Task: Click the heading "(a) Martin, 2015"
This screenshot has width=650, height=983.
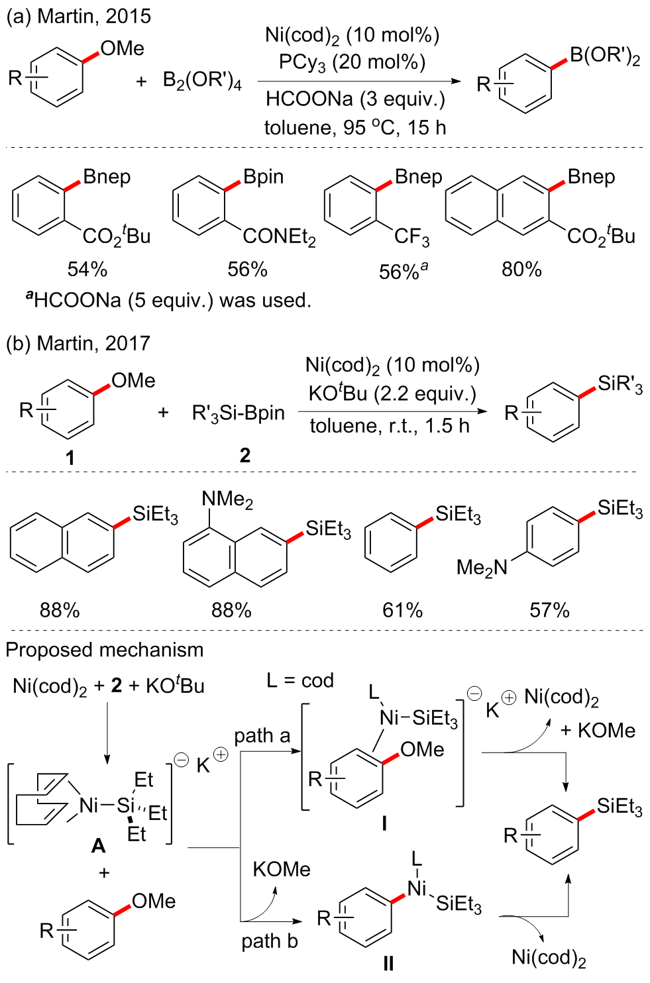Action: pos(78,16)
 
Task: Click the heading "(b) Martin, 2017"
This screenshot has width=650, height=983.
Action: pos(78,343)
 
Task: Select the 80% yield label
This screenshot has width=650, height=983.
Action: pos(521,270)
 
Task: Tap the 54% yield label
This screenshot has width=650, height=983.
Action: pos(87,270)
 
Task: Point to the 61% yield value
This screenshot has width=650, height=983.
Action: pos(402,610)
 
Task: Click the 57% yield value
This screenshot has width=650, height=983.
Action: pos(549,610)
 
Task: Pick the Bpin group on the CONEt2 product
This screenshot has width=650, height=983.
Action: pos(263,177)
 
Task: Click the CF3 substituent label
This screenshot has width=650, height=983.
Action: pos(411,237)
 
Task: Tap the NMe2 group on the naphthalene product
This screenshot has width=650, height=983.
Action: pos(227,499)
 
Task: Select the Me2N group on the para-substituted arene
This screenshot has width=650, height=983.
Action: pos(482,568)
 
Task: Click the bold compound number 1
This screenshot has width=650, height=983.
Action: pos(70,458)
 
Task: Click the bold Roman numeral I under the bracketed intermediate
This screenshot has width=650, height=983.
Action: pos(384,823)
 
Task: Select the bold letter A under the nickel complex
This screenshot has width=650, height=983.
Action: pos(98,846)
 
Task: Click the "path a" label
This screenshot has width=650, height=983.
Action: pos(262,736)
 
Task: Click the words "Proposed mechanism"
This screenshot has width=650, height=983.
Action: pos(105,650)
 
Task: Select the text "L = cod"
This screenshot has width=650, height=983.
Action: pos(299,681)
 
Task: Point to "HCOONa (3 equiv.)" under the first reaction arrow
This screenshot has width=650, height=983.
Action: pos(355,99)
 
